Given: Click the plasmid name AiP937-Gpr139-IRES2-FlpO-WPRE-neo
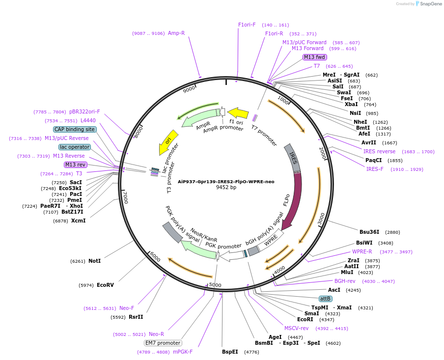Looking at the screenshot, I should [226, 181].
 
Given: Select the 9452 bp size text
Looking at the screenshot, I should [226, 188].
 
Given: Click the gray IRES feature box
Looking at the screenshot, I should [293, 158].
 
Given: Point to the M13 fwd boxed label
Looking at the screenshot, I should [314, 57].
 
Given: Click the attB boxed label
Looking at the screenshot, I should [325, 299].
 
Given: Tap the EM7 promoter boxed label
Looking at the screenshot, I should [163, 343].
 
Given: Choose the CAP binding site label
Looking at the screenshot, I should [75, 129].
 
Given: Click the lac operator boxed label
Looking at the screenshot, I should [75, 147].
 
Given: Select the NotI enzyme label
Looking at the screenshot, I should [94, 261].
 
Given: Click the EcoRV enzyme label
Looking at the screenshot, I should [105, 285].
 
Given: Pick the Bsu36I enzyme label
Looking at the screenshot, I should [369, 232].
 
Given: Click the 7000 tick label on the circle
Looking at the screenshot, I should [125, 198].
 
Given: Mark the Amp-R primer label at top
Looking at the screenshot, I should [176, 33].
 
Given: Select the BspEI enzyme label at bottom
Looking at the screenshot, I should [230, 352].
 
